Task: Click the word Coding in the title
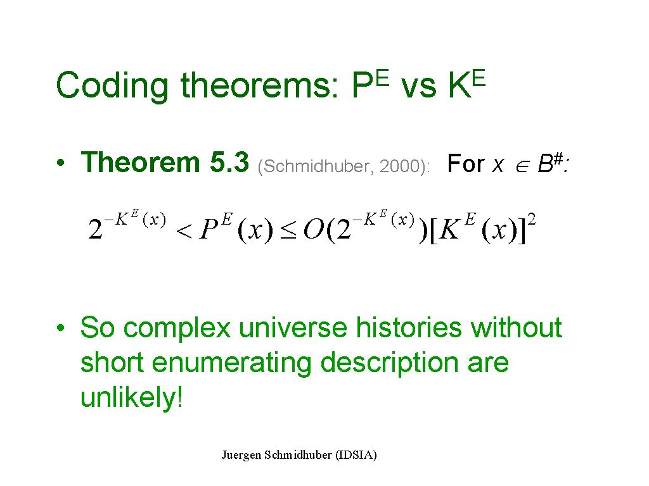pos(112,86)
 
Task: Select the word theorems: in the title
pos(260,85)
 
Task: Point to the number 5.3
pos(229,162)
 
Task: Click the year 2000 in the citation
pos(399,166)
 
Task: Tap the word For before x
pos(466,163)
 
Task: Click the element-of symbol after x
pos(522,167)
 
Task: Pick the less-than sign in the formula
pos(184,232)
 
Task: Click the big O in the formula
pos(314,228)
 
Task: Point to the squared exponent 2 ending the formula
pos(532,219)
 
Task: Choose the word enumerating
pos(232,363)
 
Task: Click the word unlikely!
pos(132,397)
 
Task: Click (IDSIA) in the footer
pos(356,455)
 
